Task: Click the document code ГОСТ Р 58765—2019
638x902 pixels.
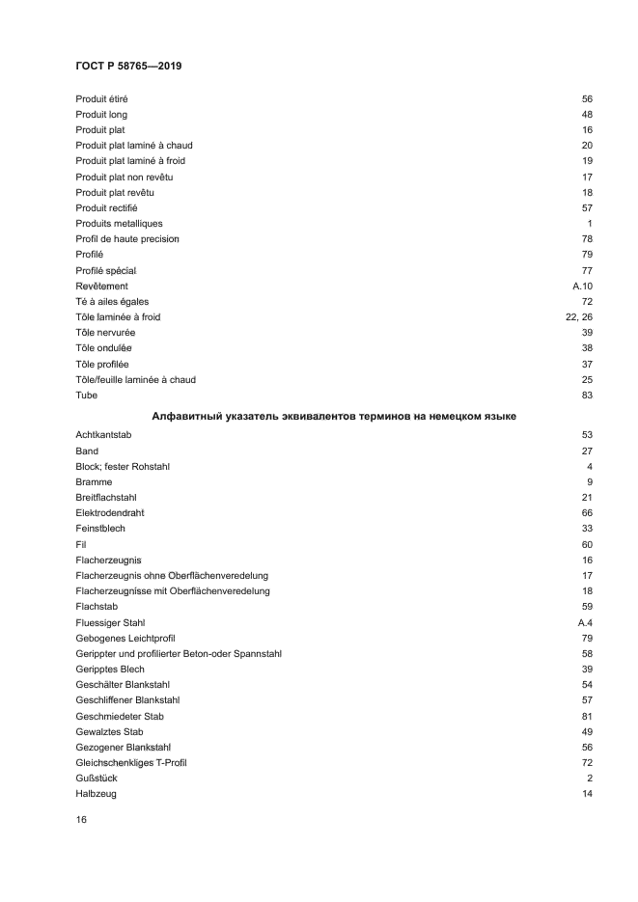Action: [x=128, y=66]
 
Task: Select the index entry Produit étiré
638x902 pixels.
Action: [x=102, y=99]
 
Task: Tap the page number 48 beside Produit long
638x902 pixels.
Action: [x=586, y=115]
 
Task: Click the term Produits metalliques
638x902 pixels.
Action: [x=119, y=224]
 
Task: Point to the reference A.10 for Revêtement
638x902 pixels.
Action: [x=582, y=287]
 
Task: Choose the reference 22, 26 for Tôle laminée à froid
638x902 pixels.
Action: [x=578, y=317]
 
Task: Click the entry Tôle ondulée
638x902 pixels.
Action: [x=104, y=348]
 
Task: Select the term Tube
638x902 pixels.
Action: [x=86, y=396]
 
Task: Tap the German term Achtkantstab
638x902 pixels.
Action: [x=103, y=435]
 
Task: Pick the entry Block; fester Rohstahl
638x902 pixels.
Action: [x=123, y=467]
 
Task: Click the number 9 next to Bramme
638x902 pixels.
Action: [x=589, y=482]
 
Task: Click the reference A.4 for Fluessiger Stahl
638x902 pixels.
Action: [x=584, y=623]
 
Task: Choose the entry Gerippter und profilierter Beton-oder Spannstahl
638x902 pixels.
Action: [x=179, y=654]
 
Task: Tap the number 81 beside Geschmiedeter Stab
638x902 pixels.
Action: [x=586, y=717]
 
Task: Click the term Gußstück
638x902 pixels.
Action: [x=96, y=779]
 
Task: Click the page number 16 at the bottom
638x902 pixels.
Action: [x=81, y=820]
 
